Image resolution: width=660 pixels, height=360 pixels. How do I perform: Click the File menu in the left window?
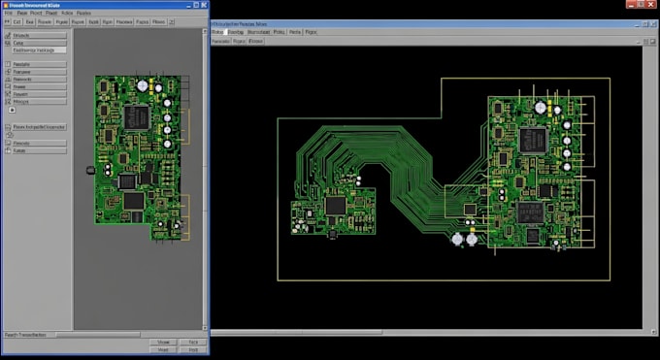pos(8,13)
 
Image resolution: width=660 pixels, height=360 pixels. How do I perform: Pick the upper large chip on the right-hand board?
pos(532,139)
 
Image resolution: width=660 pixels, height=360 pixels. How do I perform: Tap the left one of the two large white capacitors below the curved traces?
pos(456,237)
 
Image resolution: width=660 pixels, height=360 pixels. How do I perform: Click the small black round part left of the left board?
pos(90,171)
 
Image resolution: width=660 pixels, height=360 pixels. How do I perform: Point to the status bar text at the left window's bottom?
pos(25,334)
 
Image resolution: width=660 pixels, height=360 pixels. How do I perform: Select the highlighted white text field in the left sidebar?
pos(37,50)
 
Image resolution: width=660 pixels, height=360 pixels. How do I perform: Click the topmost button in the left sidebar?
pos(37,35)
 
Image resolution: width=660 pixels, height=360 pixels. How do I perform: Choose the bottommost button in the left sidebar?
pos(37,150)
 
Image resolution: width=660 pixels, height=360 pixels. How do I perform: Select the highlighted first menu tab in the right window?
pos(220,32)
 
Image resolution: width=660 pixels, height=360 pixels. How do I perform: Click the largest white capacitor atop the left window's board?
pos(143,85)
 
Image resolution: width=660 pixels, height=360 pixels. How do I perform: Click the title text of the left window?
pos(33,5)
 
